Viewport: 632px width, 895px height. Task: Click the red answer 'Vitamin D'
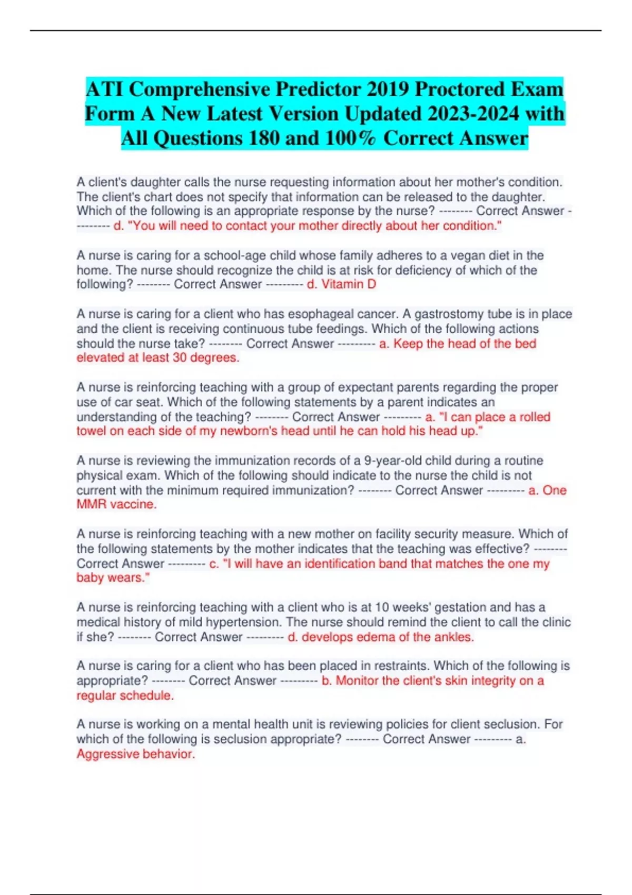point(349,284)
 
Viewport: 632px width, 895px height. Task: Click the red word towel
point(92,431)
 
